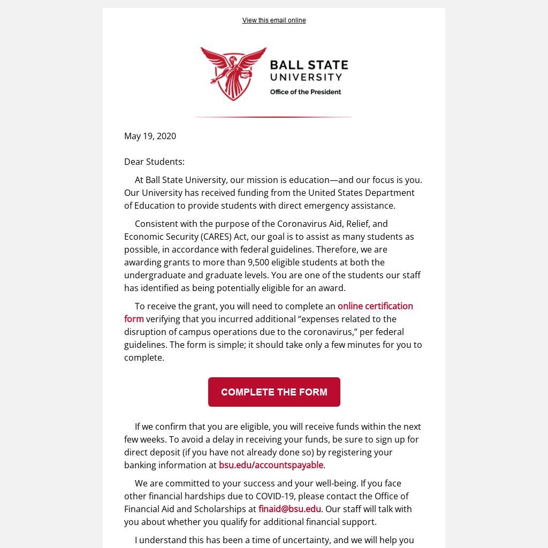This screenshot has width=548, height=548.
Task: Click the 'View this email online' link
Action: tap(274, 20)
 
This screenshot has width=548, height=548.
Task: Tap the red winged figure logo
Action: tap(233, 73)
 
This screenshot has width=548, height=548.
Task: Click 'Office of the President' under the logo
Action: tap(305, 92)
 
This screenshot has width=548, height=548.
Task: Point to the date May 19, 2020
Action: tap(150, 136)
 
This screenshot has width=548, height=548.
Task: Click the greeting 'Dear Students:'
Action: tap(154, 162)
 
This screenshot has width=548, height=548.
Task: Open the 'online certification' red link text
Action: tap(375, 306)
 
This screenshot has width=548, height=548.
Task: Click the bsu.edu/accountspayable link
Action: tap(271, 465)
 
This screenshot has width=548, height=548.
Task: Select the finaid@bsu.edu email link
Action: tap(290, 509)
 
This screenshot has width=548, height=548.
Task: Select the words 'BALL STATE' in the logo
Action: tap(309, 66)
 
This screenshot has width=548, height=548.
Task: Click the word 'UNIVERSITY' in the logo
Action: tap(306, 78)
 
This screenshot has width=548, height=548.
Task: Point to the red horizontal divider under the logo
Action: tap(273, 117)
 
